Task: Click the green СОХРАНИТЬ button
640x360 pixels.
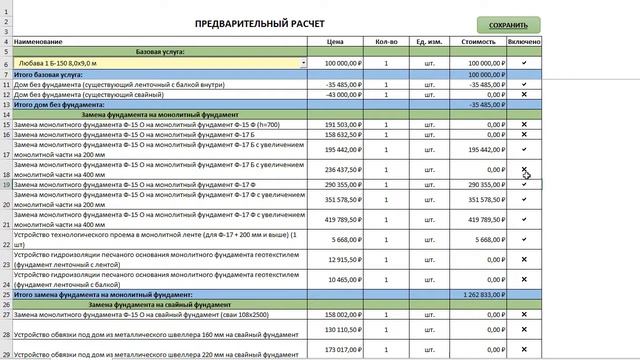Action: click(509, 24)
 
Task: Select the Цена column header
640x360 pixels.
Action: click(336, 42)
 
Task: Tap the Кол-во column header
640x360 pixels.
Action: click(386, 42)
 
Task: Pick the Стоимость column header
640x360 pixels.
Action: click(479, 42)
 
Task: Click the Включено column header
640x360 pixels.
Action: click(524, 42)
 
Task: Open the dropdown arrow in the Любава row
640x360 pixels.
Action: click(303, 62)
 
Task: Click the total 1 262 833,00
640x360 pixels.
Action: click(479, 295)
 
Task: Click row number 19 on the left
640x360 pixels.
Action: click(6, 185)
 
